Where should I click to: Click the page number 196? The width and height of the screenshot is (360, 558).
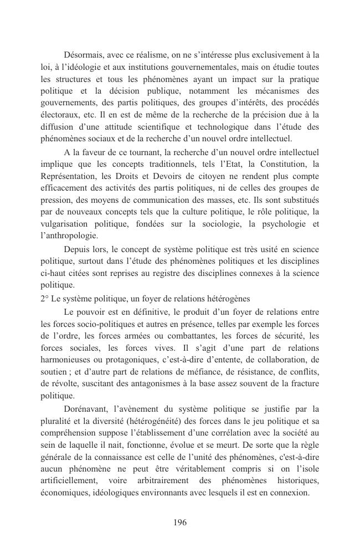click(x=179, y=523)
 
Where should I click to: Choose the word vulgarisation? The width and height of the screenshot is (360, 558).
click(x=66, y=224)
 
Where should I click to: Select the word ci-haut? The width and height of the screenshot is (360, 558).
click(x=54, y=273)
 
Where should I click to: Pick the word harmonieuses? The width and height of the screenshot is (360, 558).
click(x=69, y=360)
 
